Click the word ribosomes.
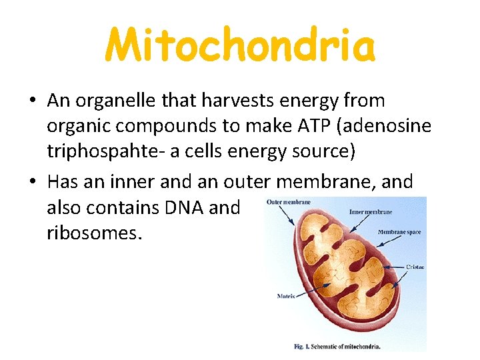click(x=94, y=234)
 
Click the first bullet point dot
click(x=33, y=102)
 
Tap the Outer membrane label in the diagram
click(x=288, y=202)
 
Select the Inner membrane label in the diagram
click(x=371, y=212)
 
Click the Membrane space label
click(x=399, y=233)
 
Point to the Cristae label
click(x=415, y=267)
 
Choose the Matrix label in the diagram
click(x=285, y=295)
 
